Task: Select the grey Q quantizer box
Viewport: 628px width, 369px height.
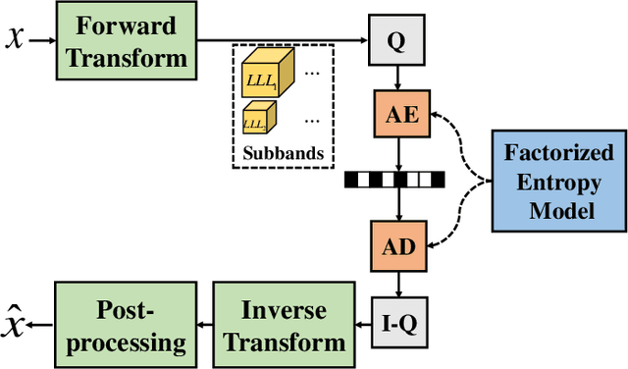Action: pyautogui.click(x=397, y=41)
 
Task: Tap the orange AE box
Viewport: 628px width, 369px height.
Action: pyautogui.click(x=397, y=116)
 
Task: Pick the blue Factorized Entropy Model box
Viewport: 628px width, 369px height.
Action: pyautogui.click(x=558, y=183)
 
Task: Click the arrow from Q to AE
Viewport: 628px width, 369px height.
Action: pyautogui.click(x=397, y=79)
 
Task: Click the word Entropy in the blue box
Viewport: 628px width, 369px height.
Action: pyautogui.click(x=558, y=183)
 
